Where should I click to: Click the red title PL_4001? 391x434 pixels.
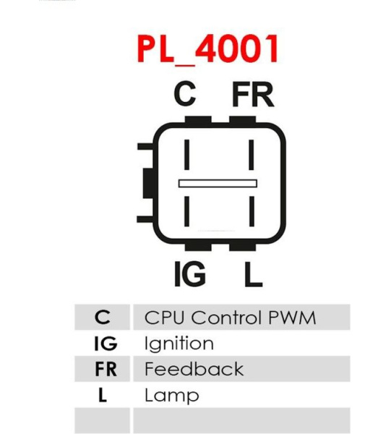[208, 49]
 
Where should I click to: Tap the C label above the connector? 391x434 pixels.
[185, 94]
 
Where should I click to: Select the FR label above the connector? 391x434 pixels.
[253, 94]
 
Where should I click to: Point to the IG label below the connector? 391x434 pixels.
[190, 274]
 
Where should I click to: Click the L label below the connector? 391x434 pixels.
[253, 274]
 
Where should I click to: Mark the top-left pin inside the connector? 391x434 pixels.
[187, 155]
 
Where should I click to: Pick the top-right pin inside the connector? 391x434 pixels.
[252, 155]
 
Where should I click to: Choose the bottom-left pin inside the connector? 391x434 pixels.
[187, 211]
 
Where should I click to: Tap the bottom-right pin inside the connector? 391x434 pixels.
[252, 211]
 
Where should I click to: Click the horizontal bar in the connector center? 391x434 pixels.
[218, 184]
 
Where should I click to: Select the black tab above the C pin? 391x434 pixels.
[198, 121]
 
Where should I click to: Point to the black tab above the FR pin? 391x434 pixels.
[243, 121]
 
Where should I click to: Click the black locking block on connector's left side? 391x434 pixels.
[148, 183]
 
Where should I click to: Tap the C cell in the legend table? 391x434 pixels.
[103, 318]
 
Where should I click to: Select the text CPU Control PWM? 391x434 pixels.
[230, 318]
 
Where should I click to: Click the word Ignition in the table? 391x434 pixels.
[179, 344]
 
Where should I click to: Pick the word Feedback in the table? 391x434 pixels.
[194, 369]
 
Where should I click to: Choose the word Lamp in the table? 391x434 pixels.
[172, 395]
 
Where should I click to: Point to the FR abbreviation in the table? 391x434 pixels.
[106, 369]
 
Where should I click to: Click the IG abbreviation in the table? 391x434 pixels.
[106, 344]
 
